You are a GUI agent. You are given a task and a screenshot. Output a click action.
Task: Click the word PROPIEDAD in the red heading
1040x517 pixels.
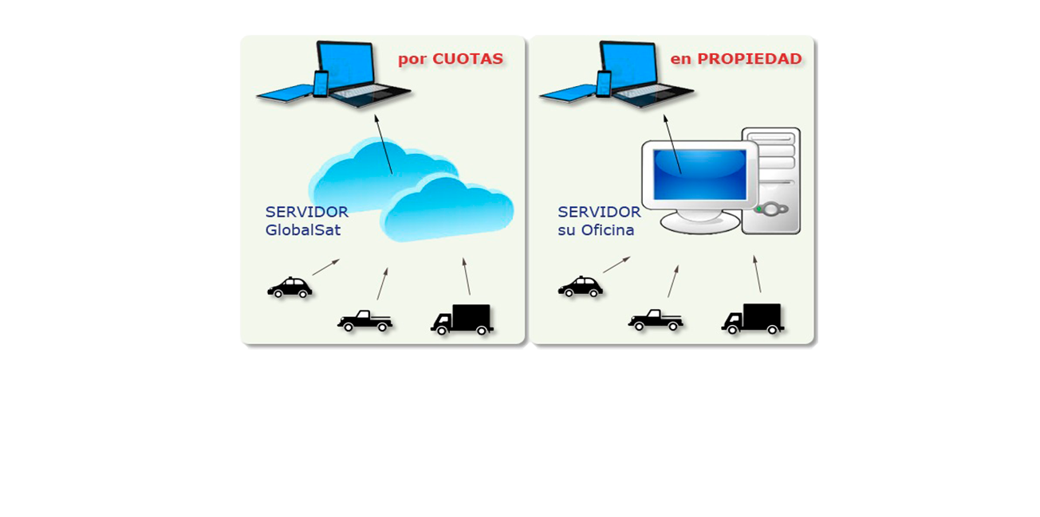click(x=749, y=59)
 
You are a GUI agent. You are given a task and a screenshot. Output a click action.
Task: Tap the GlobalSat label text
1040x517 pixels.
click(x=303, y=230)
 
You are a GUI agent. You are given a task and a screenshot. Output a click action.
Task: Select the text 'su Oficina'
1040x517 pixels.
click(x=596, y=230)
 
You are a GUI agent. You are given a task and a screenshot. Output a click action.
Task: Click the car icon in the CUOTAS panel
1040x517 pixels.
click(x=289, y=288)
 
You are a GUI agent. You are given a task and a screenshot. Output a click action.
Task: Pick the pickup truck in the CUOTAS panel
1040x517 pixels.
click(x=364, y=320)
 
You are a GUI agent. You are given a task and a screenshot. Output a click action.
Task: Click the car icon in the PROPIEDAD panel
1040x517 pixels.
click(x=580, y=288)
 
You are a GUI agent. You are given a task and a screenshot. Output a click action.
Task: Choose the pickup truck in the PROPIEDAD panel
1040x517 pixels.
click(x=656, y=320)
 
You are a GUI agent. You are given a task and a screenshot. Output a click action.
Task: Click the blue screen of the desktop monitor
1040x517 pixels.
click(x=699, y=174)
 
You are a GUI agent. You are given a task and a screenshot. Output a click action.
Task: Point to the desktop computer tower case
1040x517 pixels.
click(x=772, y=181)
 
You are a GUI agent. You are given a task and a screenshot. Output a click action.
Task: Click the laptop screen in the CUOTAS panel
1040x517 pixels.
click(x=346, y=65)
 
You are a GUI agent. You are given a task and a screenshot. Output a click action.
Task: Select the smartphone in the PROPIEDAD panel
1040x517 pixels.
click(x=604, y=83)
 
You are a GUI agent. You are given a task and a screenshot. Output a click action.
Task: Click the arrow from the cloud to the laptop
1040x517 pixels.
click(x=383, y=144)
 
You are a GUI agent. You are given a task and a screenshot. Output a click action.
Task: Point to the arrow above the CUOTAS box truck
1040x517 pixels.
click(x=467, y=276)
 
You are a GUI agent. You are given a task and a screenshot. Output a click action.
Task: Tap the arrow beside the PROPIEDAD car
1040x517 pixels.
click(x=617, y=264)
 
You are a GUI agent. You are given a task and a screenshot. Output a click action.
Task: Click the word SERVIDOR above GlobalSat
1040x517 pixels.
click(x=306, y=213)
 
